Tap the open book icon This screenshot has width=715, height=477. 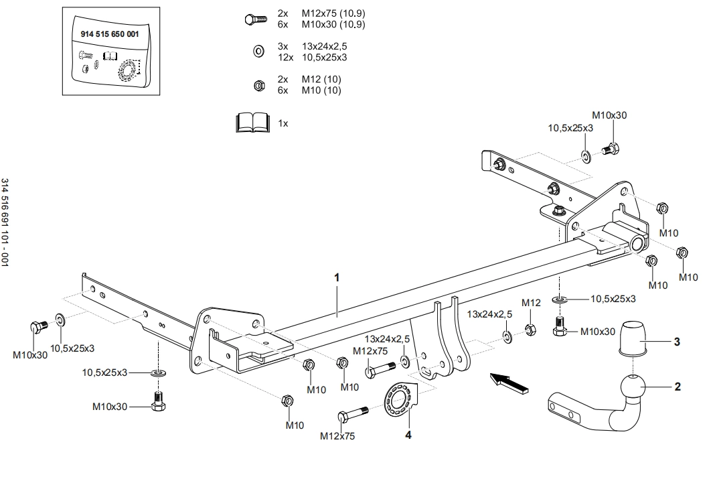252,123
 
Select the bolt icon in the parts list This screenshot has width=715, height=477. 255,19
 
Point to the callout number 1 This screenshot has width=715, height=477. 337,277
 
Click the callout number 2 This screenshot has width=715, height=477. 678,387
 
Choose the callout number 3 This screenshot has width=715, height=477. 677,342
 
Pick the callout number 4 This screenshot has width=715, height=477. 408,434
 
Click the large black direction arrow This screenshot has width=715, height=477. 508,383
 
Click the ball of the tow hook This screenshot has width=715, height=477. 633,389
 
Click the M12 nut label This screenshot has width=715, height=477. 531,303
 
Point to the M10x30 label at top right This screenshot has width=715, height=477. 609,115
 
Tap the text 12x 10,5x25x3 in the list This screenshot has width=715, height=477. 313,57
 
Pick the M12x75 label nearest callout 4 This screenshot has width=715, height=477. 337,436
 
